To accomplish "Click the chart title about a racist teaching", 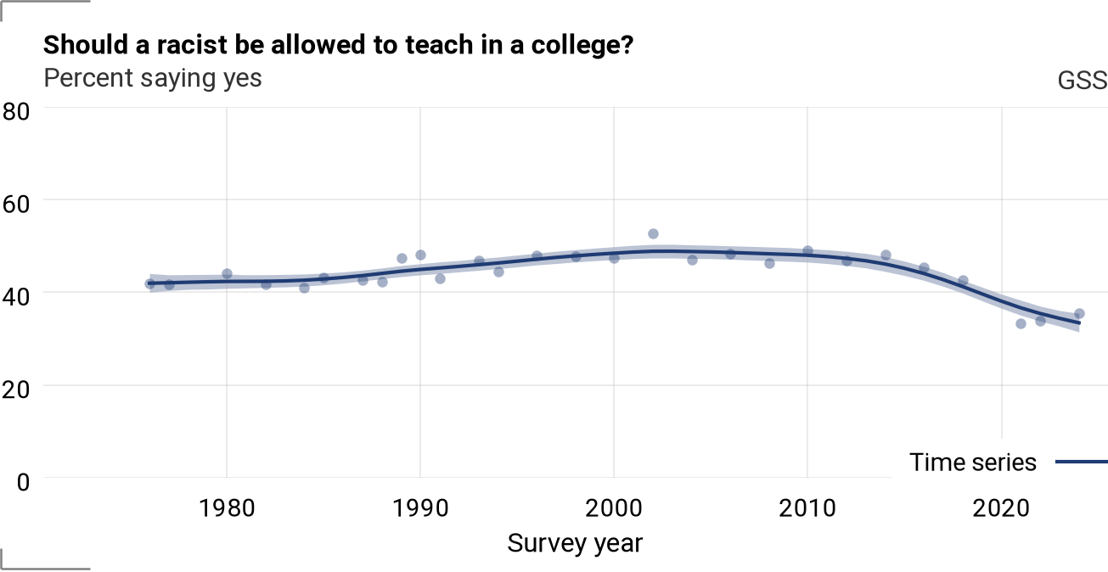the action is [x=338, y=45].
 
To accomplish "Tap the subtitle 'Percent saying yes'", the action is [x=152, y=78].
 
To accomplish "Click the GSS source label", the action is [x=1083, y=80].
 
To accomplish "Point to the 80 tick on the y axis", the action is [x=15, y=111].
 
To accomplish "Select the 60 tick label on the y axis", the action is [x=15, y=205].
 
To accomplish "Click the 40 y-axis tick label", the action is [x=15, y=297].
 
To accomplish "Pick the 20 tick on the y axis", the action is [x=15, y=390].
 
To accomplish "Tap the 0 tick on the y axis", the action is [x=23, y=482].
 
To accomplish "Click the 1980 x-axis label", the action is [x=227, y=508].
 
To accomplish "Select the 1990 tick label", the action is [x=420, y=508].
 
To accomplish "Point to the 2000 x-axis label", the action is [x=614, y=508].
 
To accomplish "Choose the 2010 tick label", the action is [x=807, y=508].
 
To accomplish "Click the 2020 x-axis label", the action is [x=1001, y=508].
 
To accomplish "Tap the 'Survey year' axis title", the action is [x=575, y=543].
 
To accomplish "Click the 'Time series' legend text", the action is [x=972, y=463].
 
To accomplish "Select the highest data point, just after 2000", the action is [x=653, y=234].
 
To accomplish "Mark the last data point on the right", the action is [x=1079, y=314].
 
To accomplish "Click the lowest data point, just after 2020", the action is [x=1021, y=324].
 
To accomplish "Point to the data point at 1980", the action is [x=227, y=274].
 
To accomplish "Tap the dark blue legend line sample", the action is [x=1082, y=463].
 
